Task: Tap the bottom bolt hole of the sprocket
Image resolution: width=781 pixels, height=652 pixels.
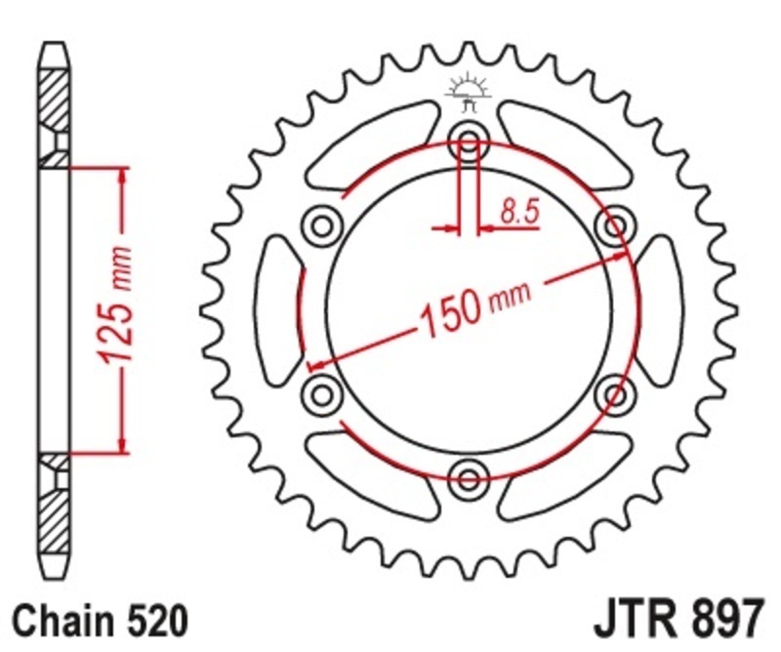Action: (470, 477)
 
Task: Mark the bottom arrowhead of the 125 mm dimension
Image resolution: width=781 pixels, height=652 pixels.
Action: (122, 446)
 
